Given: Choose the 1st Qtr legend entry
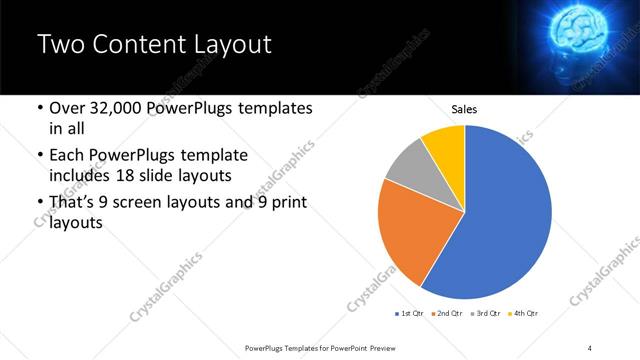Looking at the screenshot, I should click(409, 314).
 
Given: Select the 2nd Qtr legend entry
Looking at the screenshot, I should click(445, 314).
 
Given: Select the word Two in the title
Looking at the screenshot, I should click(60, 45).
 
